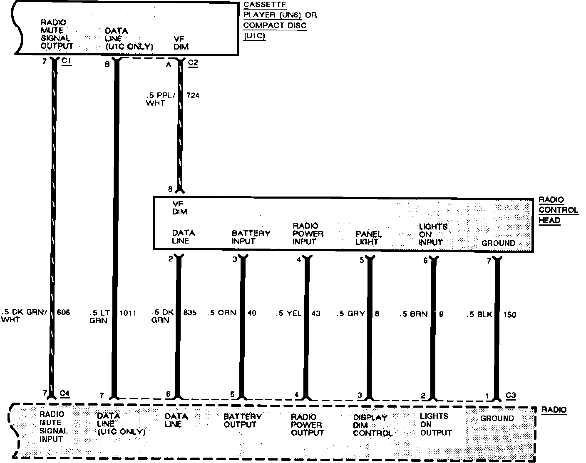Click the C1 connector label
(x=67, y=62)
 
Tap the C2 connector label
(x=193, y=62)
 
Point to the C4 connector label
(x=65, y=393)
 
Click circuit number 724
(x=193, y=95)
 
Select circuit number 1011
(x=128, y=313)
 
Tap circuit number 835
(x=189, y=312)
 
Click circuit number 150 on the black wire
(x=509, y=314)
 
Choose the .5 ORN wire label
(x=221, y=313)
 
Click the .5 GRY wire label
(x=350, y=313)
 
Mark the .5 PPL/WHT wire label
(x=161, y=99)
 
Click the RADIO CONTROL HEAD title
(x=558, y=210)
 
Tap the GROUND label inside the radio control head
(x=498, y=243)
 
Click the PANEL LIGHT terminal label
(x=368, y=238)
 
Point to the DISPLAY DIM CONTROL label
(x=372, y=425)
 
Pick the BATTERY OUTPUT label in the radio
(x=242, y=420)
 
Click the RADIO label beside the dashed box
(x=554, y=410)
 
